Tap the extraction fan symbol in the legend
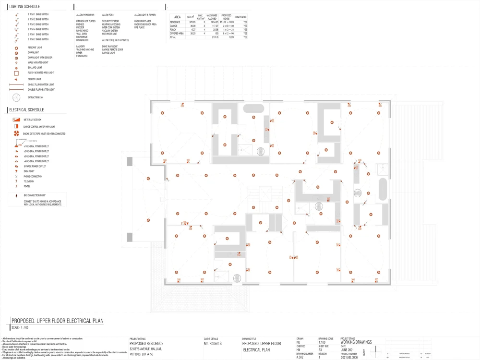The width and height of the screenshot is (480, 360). pyautogui.click(x=16, y=97)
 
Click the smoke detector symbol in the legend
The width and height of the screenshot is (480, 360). pyautogui.click(x=16, y=133)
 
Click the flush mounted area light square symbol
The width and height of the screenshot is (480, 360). pyautogui.click(x=16, y=72)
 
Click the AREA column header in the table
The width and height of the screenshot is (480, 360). pyautogui.click(x=177, y=16)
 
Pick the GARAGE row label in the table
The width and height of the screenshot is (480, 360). pyautogui.click(x=174, y=26)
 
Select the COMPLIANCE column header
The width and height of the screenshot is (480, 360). pyautogui.click(x=241, y=17)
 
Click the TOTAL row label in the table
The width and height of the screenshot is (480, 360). pyautogui.click(x=173, y=37)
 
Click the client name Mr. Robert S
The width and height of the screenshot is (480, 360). pyautogui.click(x=213, y=344)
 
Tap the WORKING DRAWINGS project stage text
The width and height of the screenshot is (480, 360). pyautogui.click(x=356, y=342)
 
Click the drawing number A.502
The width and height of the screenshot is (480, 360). pyautogui.click(x=300, y=358)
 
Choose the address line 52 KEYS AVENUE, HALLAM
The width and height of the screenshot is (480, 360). pyautogui.click(x=147, y=349)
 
